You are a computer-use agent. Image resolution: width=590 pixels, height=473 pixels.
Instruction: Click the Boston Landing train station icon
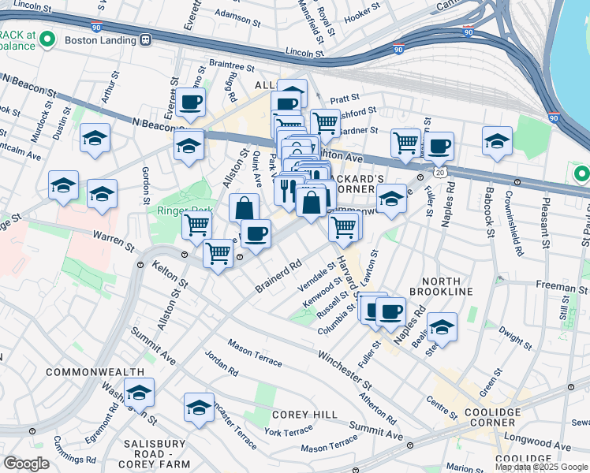coord(145,39)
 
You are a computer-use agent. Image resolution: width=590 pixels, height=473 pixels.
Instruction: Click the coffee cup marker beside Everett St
coord(190,102)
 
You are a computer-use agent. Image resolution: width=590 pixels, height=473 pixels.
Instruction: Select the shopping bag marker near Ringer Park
coord(245,209)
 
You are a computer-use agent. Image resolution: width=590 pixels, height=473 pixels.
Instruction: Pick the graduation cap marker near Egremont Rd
coord(139,392)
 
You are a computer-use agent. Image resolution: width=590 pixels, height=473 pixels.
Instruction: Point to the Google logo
coord(26,464)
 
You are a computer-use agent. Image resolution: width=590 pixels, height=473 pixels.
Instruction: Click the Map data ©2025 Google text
coord(541,467)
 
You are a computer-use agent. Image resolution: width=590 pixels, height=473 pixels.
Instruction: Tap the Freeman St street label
coord(557,287)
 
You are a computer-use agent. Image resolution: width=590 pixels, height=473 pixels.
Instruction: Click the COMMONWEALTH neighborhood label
coord(95,371)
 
